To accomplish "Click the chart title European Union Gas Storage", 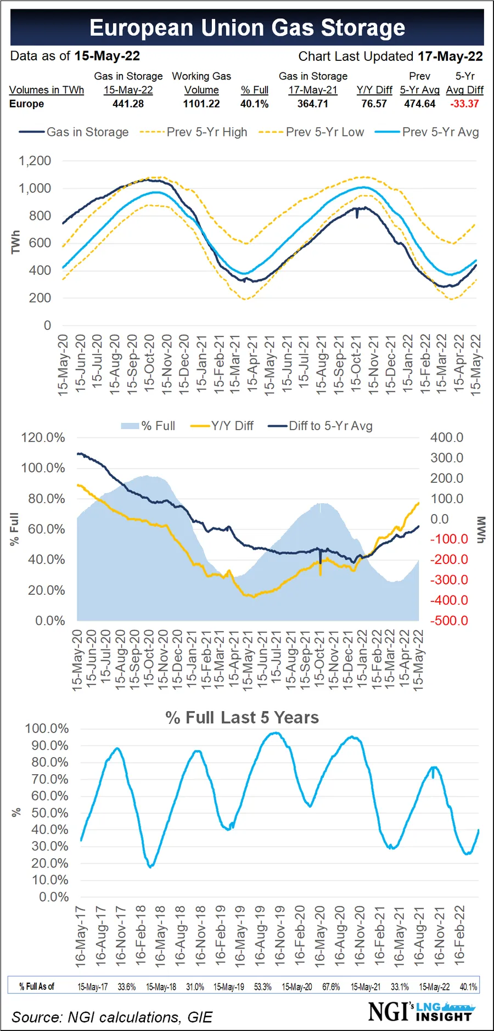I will click(247, 27).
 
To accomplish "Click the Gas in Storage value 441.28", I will click(128, 104).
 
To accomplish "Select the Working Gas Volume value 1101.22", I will click(201, 104).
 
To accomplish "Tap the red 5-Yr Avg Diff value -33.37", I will click(464, 104).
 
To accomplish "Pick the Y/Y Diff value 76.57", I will click(374, 104).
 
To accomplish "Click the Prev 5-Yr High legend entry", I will click(206, 132).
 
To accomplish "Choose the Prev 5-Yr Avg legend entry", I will click(440, 132).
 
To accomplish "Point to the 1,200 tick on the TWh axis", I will click(35, 161).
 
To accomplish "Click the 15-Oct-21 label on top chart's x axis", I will click(356, 363).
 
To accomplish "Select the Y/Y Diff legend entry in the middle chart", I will click(232, 426).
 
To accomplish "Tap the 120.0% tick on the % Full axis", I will click(43, 438).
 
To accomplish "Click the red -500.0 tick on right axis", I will click(449, 621).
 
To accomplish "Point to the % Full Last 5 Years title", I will click(242, 718).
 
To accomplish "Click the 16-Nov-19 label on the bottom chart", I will click(279, 936).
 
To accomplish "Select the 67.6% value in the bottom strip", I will click(331, 987).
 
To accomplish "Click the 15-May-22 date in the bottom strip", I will click(434, 987).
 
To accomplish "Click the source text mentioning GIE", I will click(112, 1017).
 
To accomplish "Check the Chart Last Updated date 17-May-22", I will click(450, 57).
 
